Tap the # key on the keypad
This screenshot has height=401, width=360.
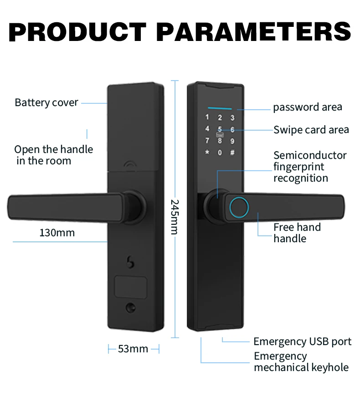[x=232, y=152]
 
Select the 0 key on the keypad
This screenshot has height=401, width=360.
[x=220, y=152]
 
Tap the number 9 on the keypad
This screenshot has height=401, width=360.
[x=232, y=141]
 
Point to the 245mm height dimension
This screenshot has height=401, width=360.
[x=175, y=216]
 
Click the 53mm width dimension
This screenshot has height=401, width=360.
[x=133, y=349]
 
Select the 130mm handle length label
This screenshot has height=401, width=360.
[x=57, y=233]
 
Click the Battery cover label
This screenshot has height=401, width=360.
[x=46, y=102]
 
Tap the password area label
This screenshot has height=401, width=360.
[x=307, y=107]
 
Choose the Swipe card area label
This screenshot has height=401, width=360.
[x=311, y=130]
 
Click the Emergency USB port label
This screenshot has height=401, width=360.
[x=303, y=341]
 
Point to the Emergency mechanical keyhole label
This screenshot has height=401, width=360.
[x=301, y=362]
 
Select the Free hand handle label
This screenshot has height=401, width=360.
[x=297, y=233]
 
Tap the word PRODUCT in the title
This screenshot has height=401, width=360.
[x=78, y=32]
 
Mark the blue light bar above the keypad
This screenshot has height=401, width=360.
[x=220, y=109]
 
